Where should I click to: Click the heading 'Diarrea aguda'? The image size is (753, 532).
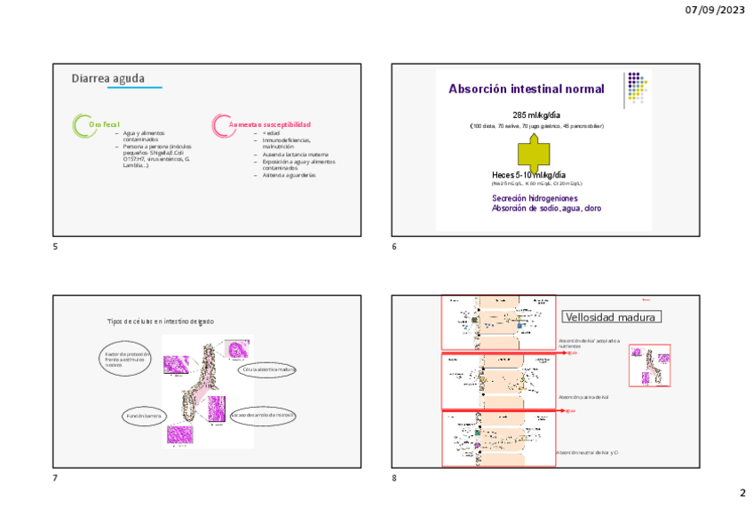point(108,79)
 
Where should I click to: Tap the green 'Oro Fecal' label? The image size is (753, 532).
point(104,124)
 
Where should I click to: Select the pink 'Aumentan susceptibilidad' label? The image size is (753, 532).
point(270,124)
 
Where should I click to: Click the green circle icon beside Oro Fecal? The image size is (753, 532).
point(82,124)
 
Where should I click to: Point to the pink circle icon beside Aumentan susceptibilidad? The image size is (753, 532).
point(221,124)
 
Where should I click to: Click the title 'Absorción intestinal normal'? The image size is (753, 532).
point(527,89)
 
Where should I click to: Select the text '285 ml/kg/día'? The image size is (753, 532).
point(536,115)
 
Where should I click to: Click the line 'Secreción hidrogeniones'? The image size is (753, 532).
point(535,198)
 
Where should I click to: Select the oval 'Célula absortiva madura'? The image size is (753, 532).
point(267,369)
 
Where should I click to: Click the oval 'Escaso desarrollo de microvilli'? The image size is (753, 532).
point(263,415)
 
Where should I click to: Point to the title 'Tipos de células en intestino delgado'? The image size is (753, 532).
point(160,322)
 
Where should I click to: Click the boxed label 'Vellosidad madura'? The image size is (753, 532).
point(612,317)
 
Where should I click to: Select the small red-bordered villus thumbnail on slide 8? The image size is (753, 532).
point(649,366)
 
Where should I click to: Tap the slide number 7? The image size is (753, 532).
point(55,479)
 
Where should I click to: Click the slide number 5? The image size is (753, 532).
point(55,246)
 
